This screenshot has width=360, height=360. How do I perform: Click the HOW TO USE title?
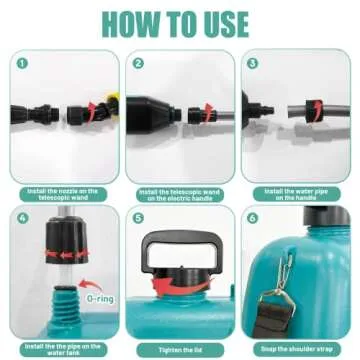coord(180,22)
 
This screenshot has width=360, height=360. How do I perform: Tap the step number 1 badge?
coord(17,62)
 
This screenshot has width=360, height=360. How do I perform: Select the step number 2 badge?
coord(137,62)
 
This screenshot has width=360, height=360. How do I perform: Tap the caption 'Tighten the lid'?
coord(180,349)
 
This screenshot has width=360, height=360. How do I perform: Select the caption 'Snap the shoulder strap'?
coord(298,349)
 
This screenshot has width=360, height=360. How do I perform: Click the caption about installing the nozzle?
coord(62,194)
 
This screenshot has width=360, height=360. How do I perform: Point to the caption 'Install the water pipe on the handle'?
coord(298,194)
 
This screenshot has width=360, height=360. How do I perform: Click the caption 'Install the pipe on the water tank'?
coord(62,349)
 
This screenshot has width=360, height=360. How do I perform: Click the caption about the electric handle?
coord(180,194)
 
